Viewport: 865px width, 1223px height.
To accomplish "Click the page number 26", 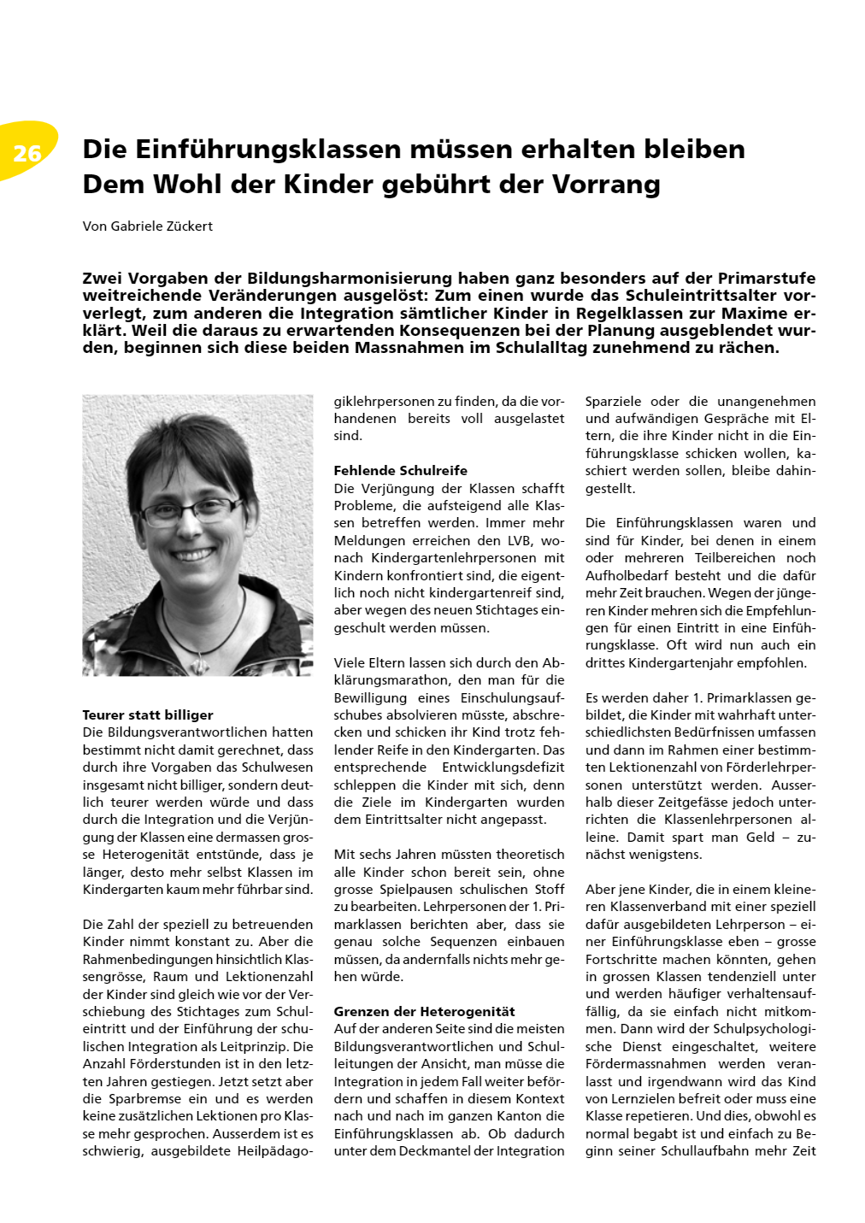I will pyautogui.click(x=27, y=153).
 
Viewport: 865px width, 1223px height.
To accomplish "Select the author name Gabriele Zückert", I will pyautogui.click(x=162, y=226).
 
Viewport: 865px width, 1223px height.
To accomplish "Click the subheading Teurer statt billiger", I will pyautogui.click(x=148, y=715).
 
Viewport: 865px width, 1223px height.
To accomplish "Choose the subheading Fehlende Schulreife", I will pyautogui.click(x=400, y=471).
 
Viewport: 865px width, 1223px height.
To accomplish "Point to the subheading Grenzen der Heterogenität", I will pyautogui.click(x=424, y=1012).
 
